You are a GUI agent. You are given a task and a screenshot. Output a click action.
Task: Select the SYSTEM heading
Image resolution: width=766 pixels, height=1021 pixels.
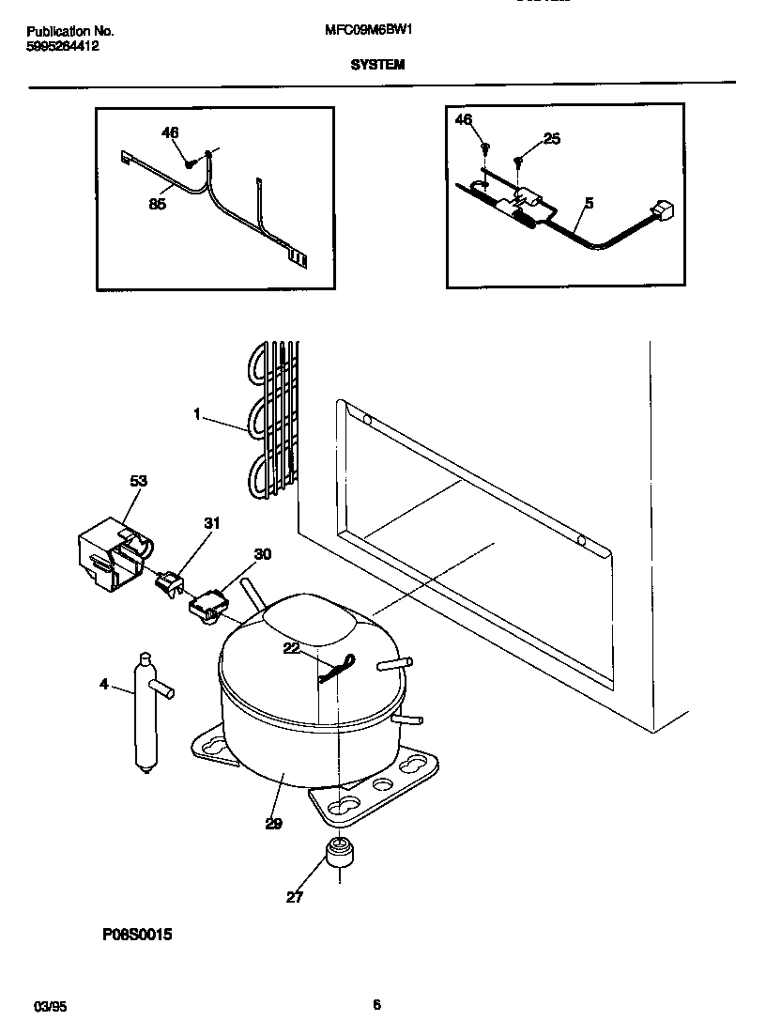pyautogui.click(x=377, y=65)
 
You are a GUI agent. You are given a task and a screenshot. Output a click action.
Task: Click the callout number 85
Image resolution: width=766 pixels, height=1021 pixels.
pyautogui.click(x=158, y=204)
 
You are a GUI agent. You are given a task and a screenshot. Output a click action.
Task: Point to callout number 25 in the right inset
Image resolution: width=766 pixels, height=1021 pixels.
pyautogui.click(x=551, y=139)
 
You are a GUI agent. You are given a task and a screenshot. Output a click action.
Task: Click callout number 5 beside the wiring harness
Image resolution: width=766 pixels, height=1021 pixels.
pyautogui.click(x=589, y=202)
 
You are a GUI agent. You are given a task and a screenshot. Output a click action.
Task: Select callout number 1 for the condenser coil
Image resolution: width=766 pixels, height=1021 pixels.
pyautogui.click(x=197, y=413)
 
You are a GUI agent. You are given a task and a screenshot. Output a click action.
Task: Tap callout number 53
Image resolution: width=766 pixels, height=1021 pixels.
pyautogui.click(x=138, y=482)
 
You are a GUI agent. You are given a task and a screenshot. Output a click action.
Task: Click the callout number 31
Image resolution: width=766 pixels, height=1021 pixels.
pyautogui.click(x=211, y=523)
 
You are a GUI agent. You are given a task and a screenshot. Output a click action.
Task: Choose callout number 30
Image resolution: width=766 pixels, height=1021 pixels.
pyautogui.click(x=263, y=554)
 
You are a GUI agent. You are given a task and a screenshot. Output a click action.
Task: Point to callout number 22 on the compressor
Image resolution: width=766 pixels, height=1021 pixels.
pyautogui.click(x=292, y=648)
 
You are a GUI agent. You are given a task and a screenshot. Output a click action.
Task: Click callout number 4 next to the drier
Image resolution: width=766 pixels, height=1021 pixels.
pyautogui.click(x=103, y=685)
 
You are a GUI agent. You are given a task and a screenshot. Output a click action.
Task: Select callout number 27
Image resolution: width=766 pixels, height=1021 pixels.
pyautogui.click(x=295, y=897)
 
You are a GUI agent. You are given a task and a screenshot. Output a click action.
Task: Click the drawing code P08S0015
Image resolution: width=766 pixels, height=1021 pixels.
pyautogui.click(x=137, y=935)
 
